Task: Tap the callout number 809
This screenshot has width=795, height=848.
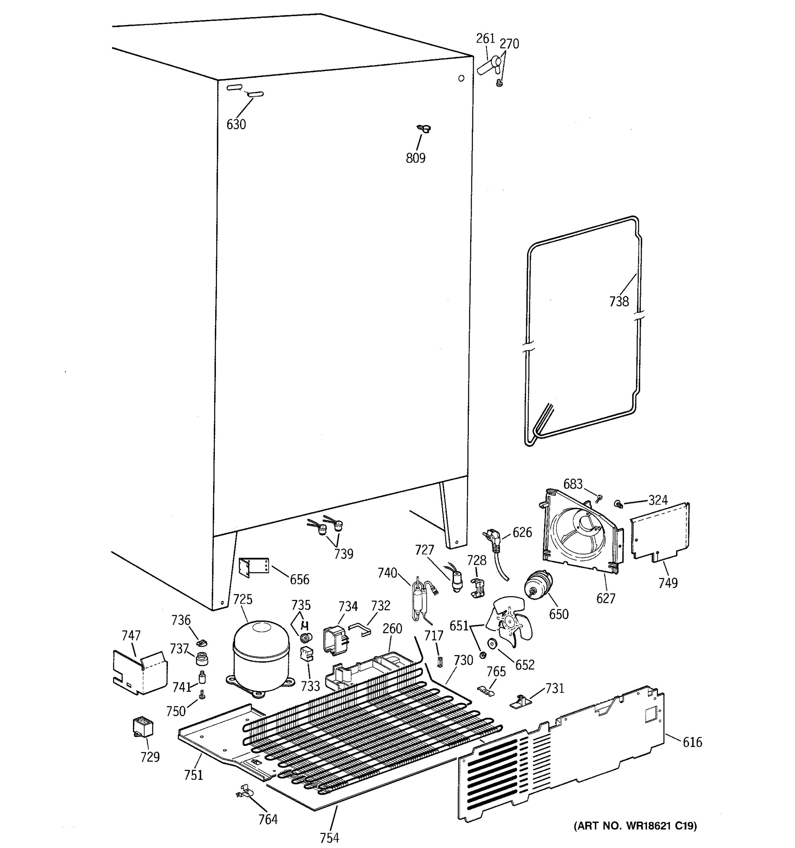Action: pos(416,158)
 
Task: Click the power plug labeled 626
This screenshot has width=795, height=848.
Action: pos(491,537)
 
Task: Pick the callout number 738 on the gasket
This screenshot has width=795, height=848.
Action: pos(619,302)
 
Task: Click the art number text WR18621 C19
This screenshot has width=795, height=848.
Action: pos(635,826)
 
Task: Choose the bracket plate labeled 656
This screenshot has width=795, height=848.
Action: pos(253,567)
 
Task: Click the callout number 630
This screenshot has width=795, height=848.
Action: pos(236,125)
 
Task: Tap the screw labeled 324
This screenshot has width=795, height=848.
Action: pos(618,505)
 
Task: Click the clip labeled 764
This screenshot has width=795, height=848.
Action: pos(244,793)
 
